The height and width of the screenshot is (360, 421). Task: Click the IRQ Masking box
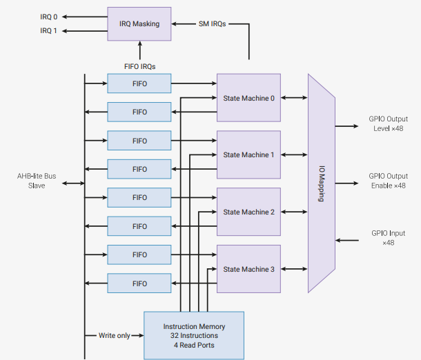point(139,24)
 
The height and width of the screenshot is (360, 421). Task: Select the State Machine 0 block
point(248,98)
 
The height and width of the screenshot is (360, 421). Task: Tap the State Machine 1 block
point(248,154)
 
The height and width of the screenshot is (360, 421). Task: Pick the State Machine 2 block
point(248,212)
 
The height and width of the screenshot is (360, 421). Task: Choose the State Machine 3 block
point(248,269)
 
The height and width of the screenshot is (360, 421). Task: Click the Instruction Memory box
point(194,336)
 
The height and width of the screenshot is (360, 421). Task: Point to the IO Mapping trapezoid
point(322,183)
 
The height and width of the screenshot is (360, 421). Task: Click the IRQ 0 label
point(48,17)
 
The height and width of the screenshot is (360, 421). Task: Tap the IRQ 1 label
point(48,31)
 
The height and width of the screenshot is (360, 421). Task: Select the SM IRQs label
point(212,24)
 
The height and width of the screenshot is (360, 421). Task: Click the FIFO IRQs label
point(139,66)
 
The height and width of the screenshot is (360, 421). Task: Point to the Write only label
point(115,336)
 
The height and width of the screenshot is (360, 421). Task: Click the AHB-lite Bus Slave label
point(37,181)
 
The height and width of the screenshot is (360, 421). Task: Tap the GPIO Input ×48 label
point(389,238)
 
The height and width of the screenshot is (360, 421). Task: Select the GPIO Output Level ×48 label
point(389,123)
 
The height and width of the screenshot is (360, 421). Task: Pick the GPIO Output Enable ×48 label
point(389,181)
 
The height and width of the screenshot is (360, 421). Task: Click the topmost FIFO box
point(139,83)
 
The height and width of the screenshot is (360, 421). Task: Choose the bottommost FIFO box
point(139,283)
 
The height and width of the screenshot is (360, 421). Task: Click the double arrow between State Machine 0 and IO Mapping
point(294,98)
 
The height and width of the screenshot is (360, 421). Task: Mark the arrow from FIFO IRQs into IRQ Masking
point(139,50)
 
